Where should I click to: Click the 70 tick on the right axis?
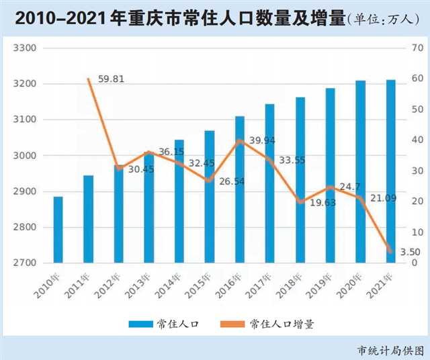point(417,48)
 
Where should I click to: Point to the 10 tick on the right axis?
point(417,232)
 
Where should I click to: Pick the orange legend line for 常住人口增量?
point(232,324)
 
